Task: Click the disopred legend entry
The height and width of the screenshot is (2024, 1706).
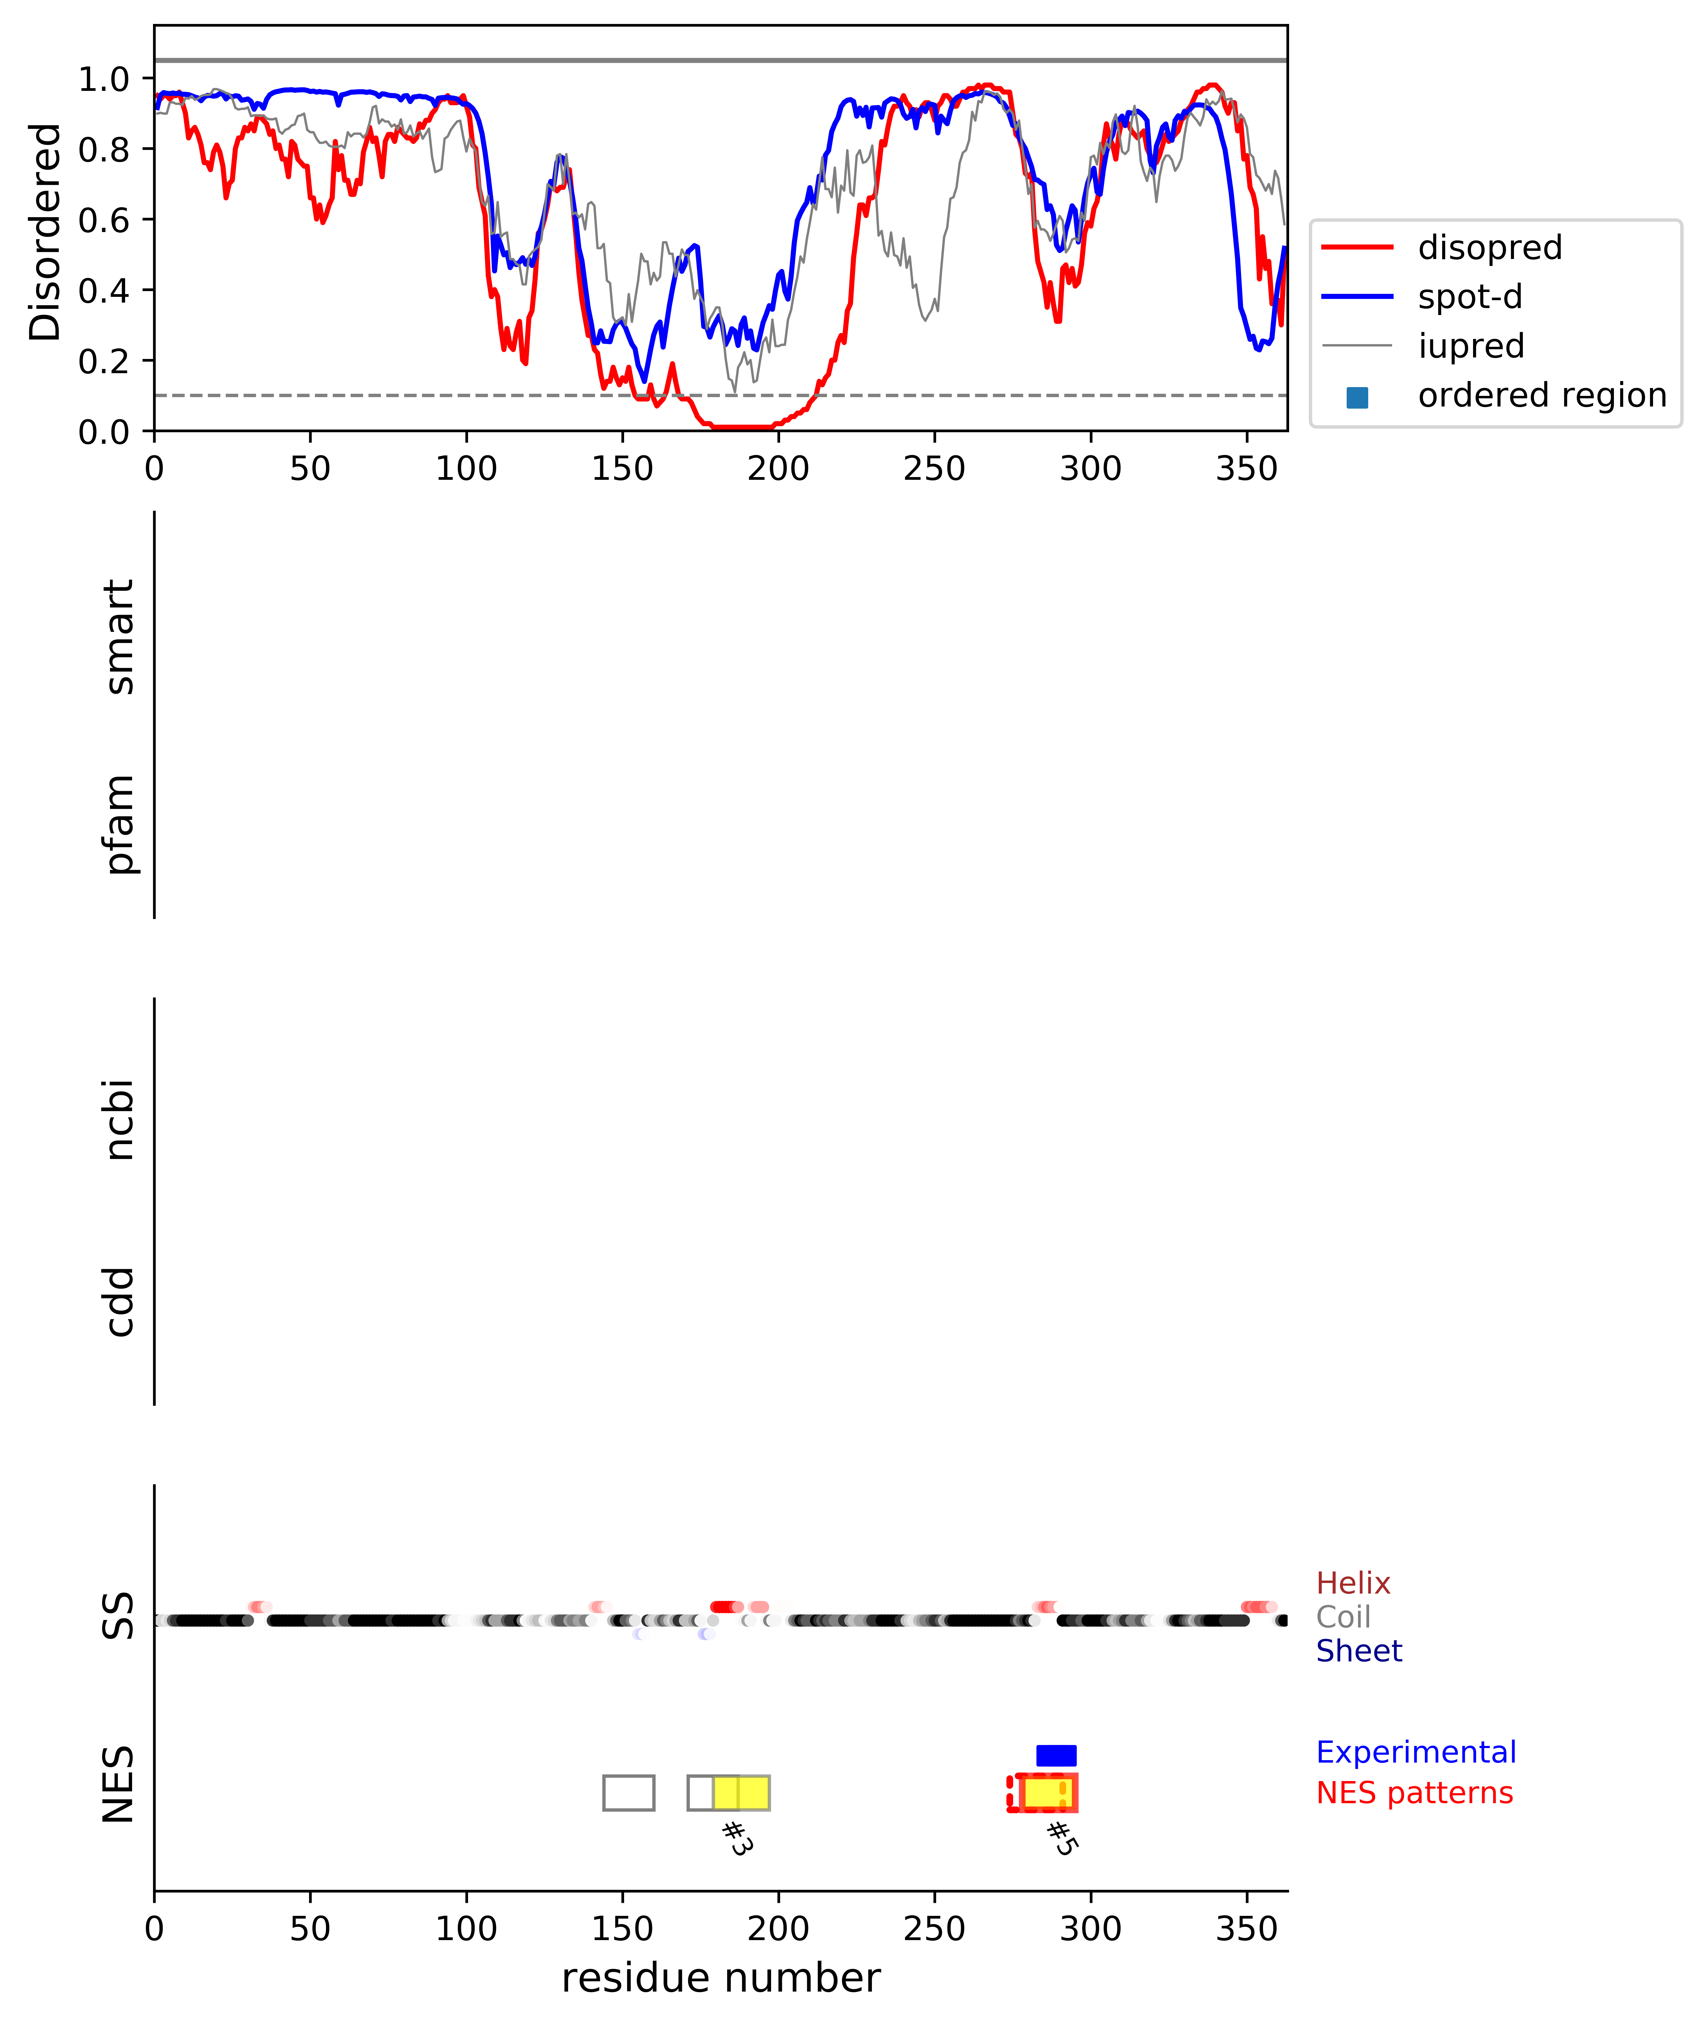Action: click(x=1489, y=247)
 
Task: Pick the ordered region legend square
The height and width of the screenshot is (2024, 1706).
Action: click(x=1357, y=397)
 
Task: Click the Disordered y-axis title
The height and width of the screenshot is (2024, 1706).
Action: click(x=45, y=232)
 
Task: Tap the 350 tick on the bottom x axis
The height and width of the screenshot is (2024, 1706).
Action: click(x=1247, y=1928)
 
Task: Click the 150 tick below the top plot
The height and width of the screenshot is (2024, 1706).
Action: click(x=622, y=469)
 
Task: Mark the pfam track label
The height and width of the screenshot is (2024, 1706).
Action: click(x=119, y=824)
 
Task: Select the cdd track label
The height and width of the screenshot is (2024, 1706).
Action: click(x=119, y=1302)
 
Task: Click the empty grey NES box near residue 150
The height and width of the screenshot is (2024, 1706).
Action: click(x=629, y=1793)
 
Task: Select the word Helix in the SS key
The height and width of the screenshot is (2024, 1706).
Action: click(x=1353, y=1583)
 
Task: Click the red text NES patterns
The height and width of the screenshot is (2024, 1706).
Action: click(x=1414, y=1793)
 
